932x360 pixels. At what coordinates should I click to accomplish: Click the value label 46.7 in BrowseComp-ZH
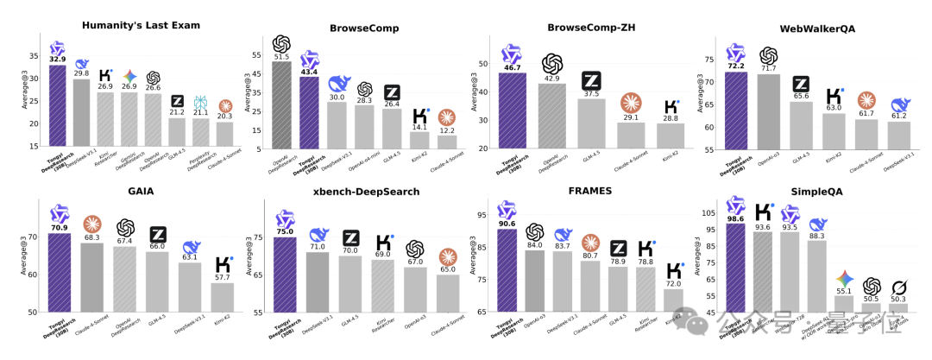(512, 66)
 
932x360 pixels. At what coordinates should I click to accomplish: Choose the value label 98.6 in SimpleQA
(735, 218)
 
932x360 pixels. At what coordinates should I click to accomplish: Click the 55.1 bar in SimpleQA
(844, 303)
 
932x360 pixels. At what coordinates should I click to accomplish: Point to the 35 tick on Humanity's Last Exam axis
(35, 56)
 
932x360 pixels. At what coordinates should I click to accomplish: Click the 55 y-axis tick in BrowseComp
(256, 54)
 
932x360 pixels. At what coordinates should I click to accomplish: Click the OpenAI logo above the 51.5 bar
(281, 43)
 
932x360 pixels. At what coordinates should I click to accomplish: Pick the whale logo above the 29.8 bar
(82, 63)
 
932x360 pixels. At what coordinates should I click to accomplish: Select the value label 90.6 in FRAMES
(507, 223)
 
